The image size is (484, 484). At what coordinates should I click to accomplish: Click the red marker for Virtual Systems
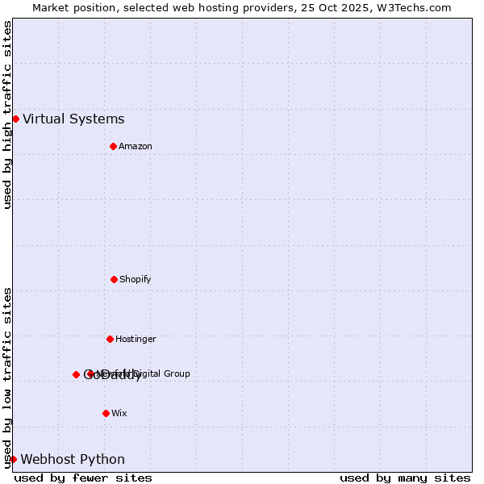[x=15, y=119]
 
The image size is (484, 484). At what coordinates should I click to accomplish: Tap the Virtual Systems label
[x=73, y=119]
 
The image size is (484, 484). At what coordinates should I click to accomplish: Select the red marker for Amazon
[x=113, y=146]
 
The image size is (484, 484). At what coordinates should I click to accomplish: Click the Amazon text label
[x=135, y=147]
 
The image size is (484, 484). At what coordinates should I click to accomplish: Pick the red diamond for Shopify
[x=114, y=279]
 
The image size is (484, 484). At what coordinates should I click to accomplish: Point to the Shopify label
[x=135, y=280]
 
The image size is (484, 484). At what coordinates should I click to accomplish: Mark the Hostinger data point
[x=110, y=339]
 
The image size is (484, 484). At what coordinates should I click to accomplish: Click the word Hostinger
[x=136, y=340]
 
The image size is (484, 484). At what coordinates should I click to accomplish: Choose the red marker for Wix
[x=106, y=413]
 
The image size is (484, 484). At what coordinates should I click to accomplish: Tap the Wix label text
[x=119, y=414]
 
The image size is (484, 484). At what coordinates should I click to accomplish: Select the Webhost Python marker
[x=13, y=459]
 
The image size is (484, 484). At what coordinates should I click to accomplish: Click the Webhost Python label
[x=73, y=460]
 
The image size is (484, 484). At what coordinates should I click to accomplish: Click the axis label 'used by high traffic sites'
[x=7, y=115]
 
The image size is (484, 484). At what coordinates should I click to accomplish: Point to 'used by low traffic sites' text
[x=7, y=378]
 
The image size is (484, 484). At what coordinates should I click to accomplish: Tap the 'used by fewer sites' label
[x=83, y=478]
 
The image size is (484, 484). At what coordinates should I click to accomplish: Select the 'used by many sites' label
[x=405, y=478]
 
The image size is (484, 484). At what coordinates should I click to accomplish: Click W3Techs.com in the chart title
[x=417, y=7]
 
